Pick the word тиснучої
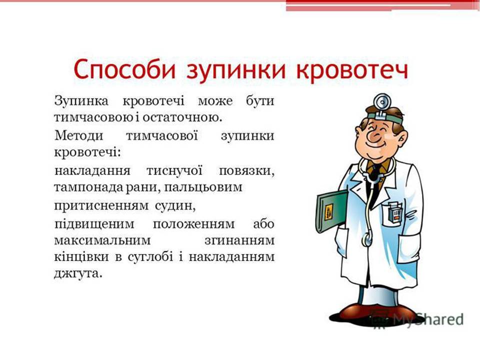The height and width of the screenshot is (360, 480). point(174,169)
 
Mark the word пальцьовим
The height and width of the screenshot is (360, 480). point(209,187)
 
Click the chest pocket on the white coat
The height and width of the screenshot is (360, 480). point(394,215)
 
